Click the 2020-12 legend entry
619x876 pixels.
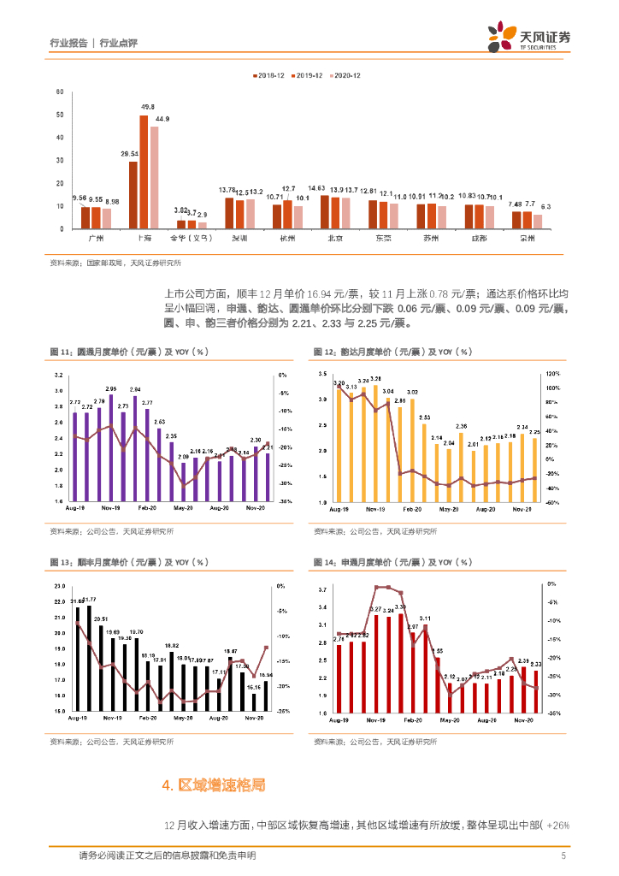point(345,75)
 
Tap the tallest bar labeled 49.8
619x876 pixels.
point(144,171)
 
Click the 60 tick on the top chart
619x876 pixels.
point(59,92)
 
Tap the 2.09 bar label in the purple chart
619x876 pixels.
point(182,456)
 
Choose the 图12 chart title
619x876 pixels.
point(392,352)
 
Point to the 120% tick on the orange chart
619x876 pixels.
point(552,374)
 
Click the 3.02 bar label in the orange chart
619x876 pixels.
point(413,392)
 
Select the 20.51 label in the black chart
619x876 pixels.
point(101,619)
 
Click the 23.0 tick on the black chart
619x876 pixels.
point(59,586)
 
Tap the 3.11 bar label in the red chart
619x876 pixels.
point(425,618)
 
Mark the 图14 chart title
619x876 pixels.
point(392,562)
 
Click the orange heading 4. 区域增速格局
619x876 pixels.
point(213,784)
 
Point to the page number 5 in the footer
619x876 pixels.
point(563,855)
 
